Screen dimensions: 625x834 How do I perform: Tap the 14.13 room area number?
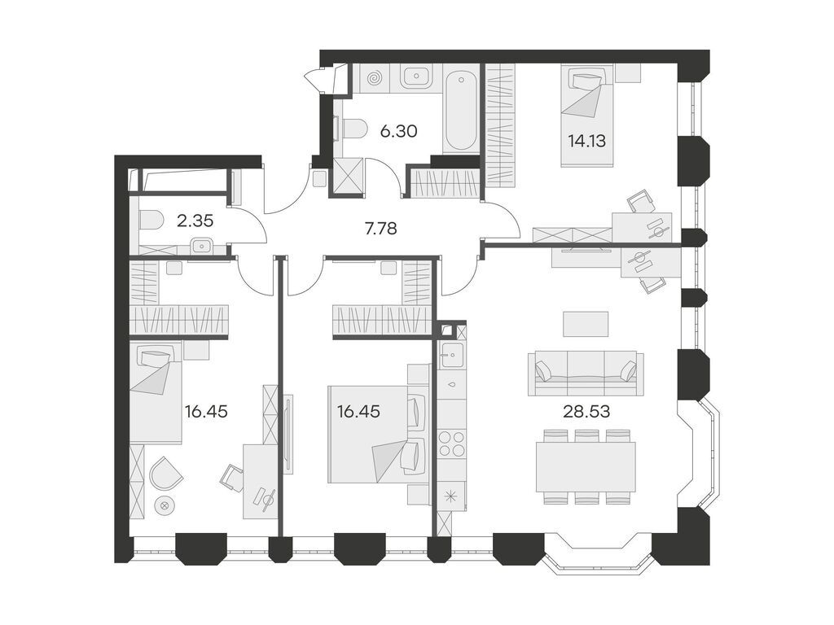[x=586, y=139]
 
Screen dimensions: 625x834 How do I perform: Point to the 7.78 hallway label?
[x=380, y=229]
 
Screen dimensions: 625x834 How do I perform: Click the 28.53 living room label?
[x=586, y=411]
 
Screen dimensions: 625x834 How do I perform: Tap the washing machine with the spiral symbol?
[x=375, y=78]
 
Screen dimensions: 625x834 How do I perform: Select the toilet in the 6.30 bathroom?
[x=350, y=129]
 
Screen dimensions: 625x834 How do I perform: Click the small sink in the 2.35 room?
[x=201, y=245]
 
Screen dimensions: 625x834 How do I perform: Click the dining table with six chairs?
[x=586, y=467]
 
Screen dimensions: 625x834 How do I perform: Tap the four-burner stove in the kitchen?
[x=451, y=444]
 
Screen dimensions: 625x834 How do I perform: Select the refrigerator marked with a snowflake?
[x=451, y=496]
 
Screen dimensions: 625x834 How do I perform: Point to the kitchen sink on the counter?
[x=451, y=355]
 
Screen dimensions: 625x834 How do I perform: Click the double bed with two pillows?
[x=379, y=434]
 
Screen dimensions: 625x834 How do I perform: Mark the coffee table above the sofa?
[x=586, y=324]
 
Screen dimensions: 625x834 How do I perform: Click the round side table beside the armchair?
[x=165, y=505]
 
